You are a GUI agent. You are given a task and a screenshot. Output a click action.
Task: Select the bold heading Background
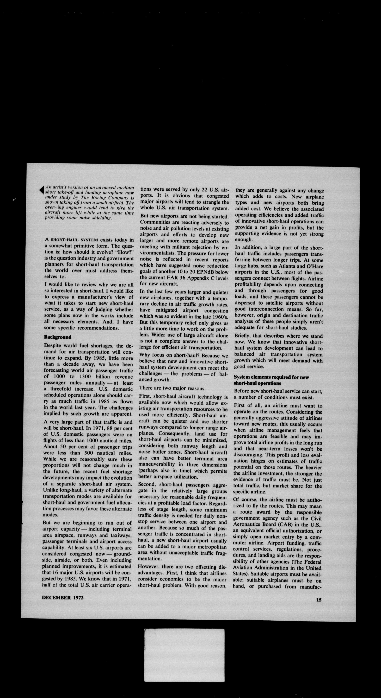(58, 337)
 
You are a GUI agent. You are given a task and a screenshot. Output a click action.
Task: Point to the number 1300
(81, 377)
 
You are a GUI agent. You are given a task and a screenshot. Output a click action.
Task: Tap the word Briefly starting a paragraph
(243, 336)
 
